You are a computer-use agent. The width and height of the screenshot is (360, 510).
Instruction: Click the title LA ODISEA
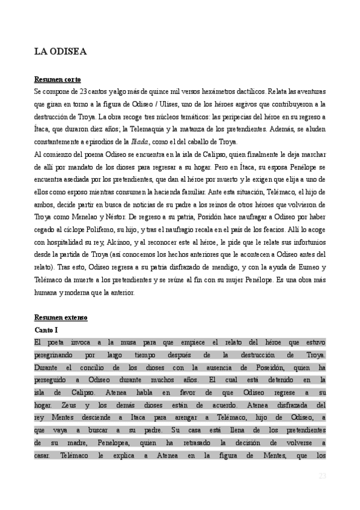tap(60, 52)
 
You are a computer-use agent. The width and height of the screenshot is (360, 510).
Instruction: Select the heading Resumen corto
tap(58, 79)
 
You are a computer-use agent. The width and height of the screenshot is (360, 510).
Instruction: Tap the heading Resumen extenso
tap(61, 318)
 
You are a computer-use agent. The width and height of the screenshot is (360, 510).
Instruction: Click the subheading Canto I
tap(47, 330)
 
